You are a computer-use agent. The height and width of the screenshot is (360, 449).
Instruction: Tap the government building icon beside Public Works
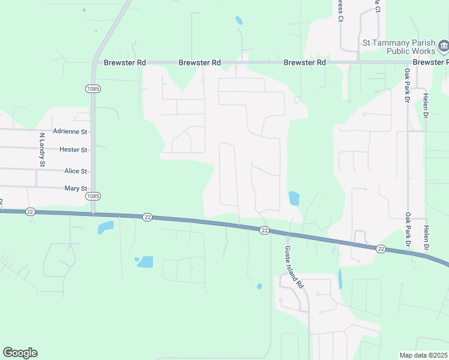443,46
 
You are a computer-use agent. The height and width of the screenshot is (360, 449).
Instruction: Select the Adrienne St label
70,131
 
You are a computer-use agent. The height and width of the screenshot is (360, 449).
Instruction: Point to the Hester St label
73,149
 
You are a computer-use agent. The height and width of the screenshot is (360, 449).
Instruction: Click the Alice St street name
76,171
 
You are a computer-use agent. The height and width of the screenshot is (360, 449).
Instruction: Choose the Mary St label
76,188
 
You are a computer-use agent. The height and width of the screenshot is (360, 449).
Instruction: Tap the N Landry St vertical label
42,149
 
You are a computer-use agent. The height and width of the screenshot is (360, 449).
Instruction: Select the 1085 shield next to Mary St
92,196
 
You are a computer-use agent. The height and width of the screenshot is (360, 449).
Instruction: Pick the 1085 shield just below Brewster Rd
92,89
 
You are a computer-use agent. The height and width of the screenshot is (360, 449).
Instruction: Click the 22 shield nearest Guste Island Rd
264,230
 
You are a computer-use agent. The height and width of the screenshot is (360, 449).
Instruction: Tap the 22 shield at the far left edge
31,212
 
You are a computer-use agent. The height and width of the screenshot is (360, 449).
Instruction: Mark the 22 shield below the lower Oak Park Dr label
381,248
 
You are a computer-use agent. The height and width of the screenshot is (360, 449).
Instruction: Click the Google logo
20,353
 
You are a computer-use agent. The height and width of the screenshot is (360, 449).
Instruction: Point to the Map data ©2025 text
423,355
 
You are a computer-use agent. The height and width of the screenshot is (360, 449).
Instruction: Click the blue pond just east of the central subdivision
294,199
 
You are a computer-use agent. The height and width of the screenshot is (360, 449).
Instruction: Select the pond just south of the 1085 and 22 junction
106,227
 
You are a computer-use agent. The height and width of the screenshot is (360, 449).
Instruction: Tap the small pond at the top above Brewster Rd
239,20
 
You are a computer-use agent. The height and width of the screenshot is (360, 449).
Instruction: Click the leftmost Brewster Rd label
125,62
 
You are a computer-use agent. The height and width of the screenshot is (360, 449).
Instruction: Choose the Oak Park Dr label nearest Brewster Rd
407,86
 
